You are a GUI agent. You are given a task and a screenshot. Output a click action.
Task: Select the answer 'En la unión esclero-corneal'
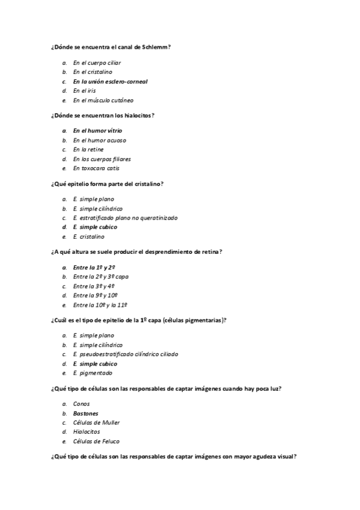[x=110, y=81]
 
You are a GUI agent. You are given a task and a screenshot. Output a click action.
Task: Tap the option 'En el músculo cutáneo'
[x=103, y=100]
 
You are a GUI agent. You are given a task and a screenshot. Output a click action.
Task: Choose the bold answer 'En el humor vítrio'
[x=97, y=130]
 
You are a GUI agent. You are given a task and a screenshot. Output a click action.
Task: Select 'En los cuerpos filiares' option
[x=102, y=159]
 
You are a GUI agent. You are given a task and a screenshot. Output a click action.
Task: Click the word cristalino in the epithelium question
[x=148, y=183]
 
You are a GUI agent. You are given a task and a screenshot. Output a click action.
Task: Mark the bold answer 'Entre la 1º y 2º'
[x=94, y=266]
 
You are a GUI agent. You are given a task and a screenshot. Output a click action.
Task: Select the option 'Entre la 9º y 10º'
[x=95, y=295]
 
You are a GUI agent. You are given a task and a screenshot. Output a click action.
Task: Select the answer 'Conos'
[x=81, y=404]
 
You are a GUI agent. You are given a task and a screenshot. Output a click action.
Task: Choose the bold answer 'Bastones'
[x=85, y=413]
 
